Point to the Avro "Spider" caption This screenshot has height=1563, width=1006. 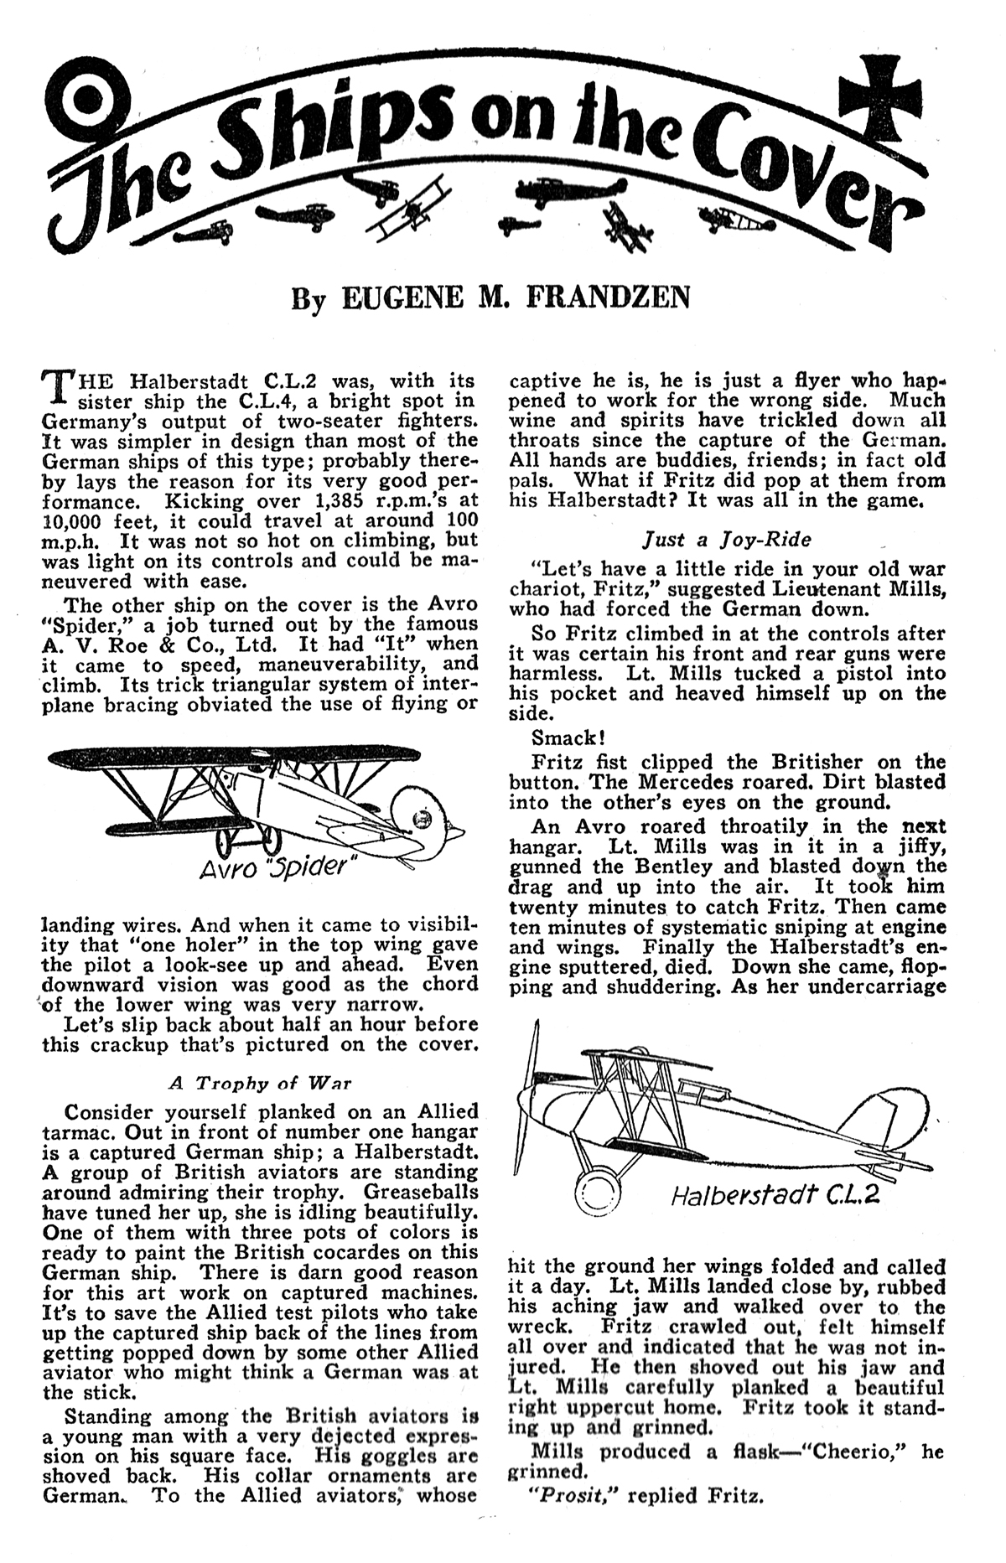[273, 867]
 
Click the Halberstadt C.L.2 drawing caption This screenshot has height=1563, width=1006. [775, 1194]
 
